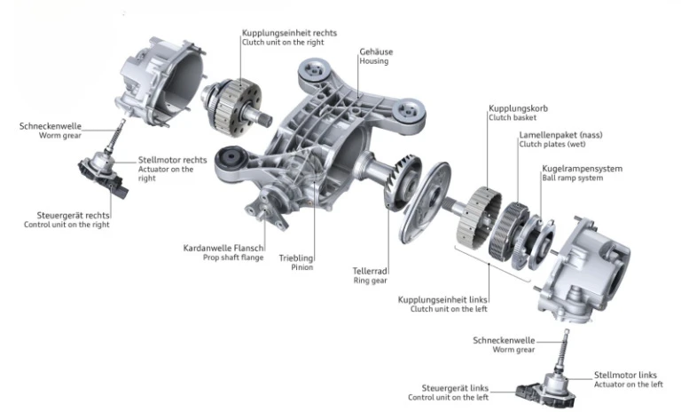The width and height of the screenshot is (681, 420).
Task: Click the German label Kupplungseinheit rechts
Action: [289, 33]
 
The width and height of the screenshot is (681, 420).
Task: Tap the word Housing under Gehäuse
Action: [373, 61]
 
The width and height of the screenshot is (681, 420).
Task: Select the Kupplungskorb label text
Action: [518, 108]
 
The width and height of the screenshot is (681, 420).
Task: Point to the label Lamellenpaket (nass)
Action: [560, 135]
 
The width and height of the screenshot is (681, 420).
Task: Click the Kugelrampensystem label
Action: [582, 168]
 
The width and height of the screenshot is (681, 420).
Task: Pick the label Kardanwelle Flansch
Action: [223, 249]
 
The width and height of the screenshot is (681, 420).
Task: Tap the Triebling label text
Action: [296, 258]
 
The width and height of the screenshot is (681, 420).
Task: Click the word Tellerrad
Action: [370, 272]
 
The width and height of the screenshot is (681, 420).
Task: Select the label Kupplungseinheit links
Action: [442, 299]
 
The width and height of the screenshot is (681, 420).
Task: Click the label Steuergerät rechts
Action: [73, 215]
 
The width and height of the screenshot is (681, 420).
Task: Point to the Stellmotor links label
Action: [625, 375]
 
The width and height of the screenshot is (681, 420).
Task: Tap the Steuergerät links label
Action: [455, 388]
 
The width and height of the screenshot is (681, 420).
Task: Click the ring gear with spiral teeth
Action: [403, 183]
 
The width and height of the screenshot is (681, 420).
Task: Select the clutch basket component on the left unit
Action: [479, 218]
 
